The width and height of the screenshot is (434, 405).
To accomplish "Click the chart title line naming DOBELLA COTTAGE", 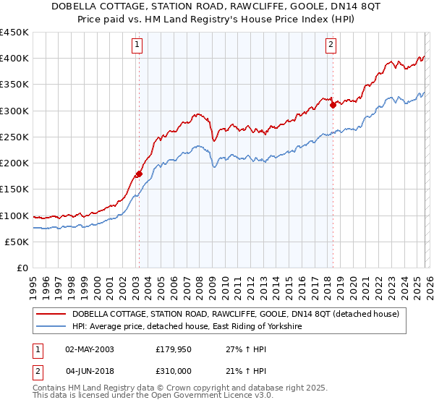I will pos(216,7).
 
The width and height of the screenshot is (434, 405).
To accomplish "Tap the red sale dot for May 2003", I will pos(138,174).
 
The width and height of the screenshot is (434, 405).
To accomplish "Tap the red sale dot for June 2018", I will pos(333,105).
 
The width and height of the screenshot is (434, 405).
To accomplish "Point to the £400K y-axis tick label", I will pos(14,59).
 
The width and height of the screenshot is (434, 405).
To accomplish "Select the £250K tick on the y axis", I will pos(14,137).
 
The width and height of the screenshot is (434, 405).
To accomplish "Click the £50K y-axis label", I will pos(17,242).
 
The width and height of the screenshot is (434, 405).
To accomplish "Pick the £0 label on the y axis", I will pos(23,268).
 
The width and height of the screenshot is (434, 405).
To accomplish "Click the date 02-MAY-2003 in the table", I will pos(90,349).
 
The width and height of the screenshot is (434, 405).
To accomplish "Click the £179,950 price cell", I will pos(174,349).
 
